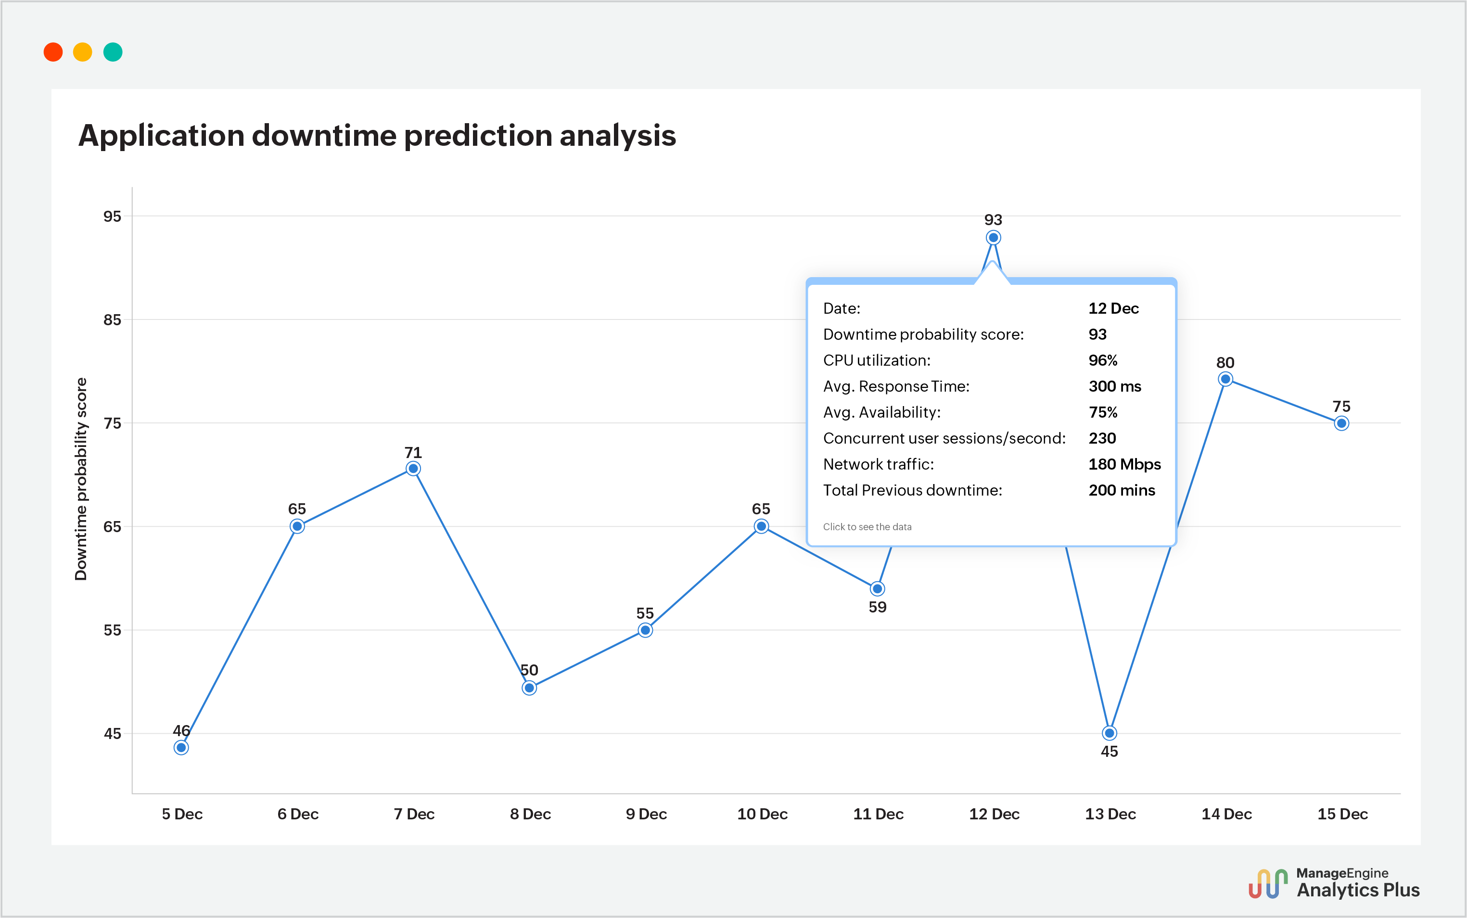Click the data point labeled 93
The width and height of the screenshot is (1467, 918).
pos(993,237)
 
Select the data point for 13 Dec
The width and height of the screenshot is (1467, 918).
pos(1110,733)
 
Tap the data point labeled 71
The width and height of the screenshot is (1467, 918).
pos(413,468)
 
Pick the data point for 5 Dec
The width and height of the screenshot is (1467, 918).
pos(181,747)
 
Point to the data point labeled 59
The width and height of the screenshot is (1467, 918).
pos(877,588)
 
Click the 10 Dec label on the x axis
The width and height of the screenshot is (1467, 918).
pos(762,814)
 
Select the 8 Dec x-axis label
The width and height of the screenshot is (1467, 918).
pos(530,814)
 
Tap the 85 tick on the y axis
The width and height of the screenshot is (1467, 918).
pos(112,319)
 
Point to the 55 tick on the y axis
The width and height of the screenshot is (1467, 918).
pos(112,630)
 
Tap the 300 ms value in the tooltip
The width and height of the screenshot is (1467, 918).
pos(1114,386)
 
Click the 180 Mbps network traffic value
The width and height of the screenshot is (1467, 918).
pos(1124,464)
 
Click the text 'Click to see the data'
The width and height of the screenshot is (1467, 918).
pos(867,526)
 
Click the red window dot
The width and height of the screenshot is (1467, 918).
pos(53,52)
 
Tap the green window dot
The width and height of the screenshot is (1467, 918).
pos(113,52)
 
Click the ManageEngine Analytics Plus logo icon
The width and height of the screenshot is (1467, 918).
pos(1268,883)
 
